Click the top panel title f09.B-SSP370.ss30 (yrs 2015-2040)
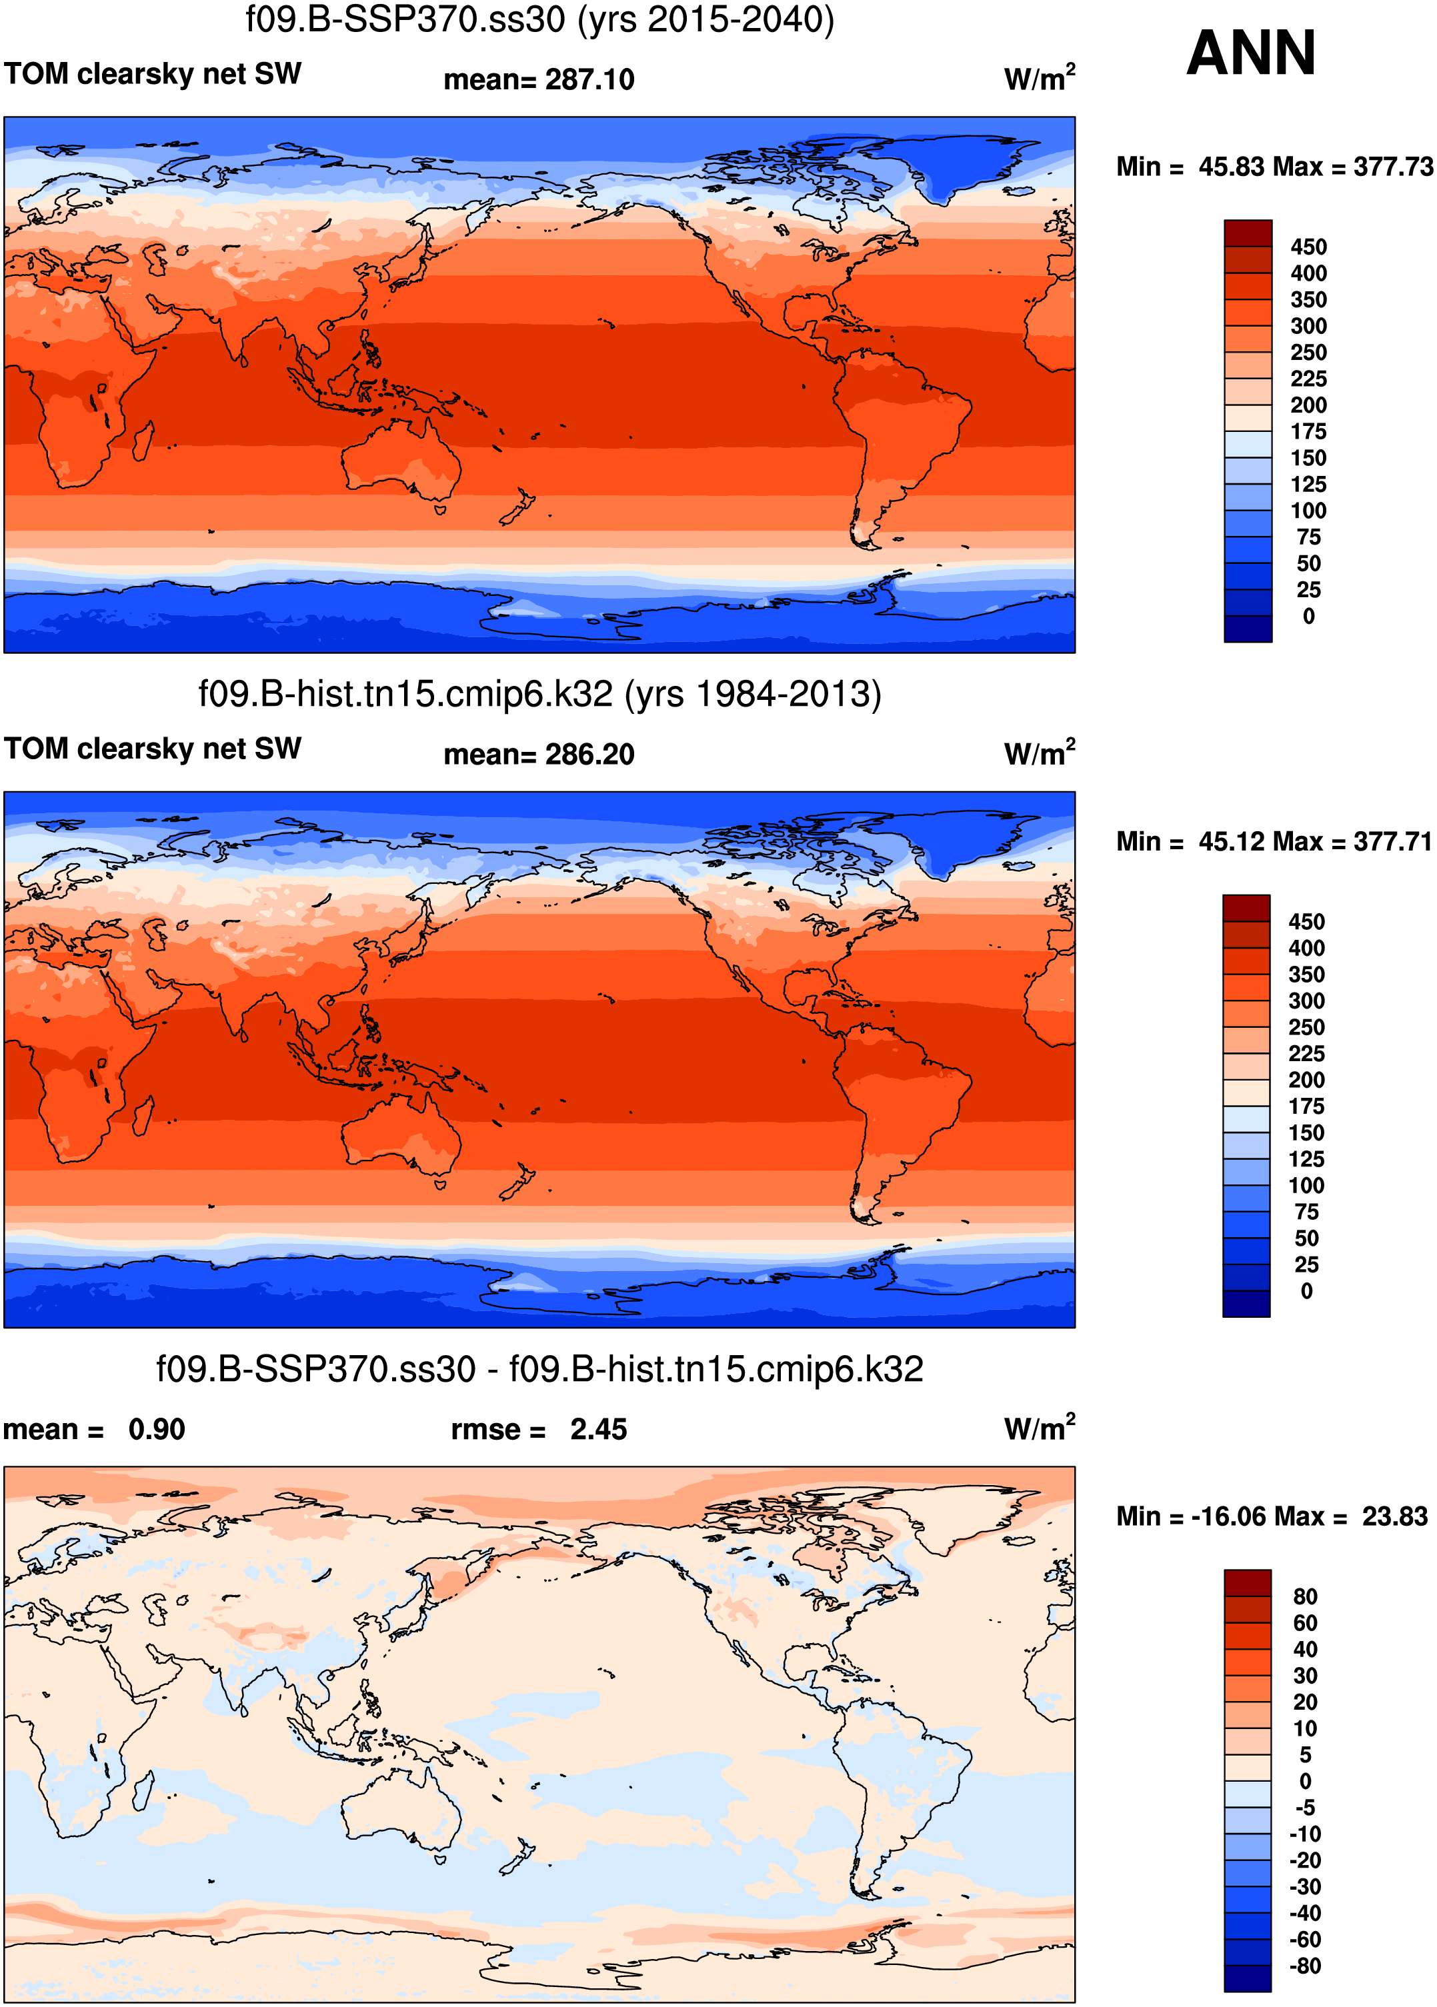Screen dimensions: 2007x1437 (x=539, y=19)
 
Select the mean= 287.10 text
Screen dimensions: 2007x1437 (x=539, y=79)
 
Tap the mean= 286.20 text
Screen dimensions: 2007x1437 (x=539, y=755)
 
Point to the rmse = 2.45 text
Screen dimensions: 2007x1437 (x=539, y=1429)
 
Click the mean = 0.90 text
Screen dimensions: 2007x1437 (x=94, y=1429)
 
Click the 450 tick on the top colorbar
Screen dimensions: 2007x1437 (x=1308, y=247)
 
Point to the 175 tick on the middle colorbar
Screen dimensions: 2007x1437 (x=1306, y=1106)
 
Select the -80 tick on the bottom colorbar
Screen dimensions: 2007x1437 (x=1304, y=1966)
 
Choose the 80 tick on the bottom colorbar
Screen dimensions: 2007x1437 (x=1305, y=1596)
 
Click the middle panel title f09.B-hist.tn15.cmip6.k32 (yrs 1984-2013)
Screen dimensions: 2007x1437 (x=539, y=695)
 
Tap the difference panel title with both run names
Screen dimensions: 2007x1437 (x=539, y=1369)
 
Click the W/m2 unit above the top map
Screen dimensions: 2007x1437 (x=1039, y=78)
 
